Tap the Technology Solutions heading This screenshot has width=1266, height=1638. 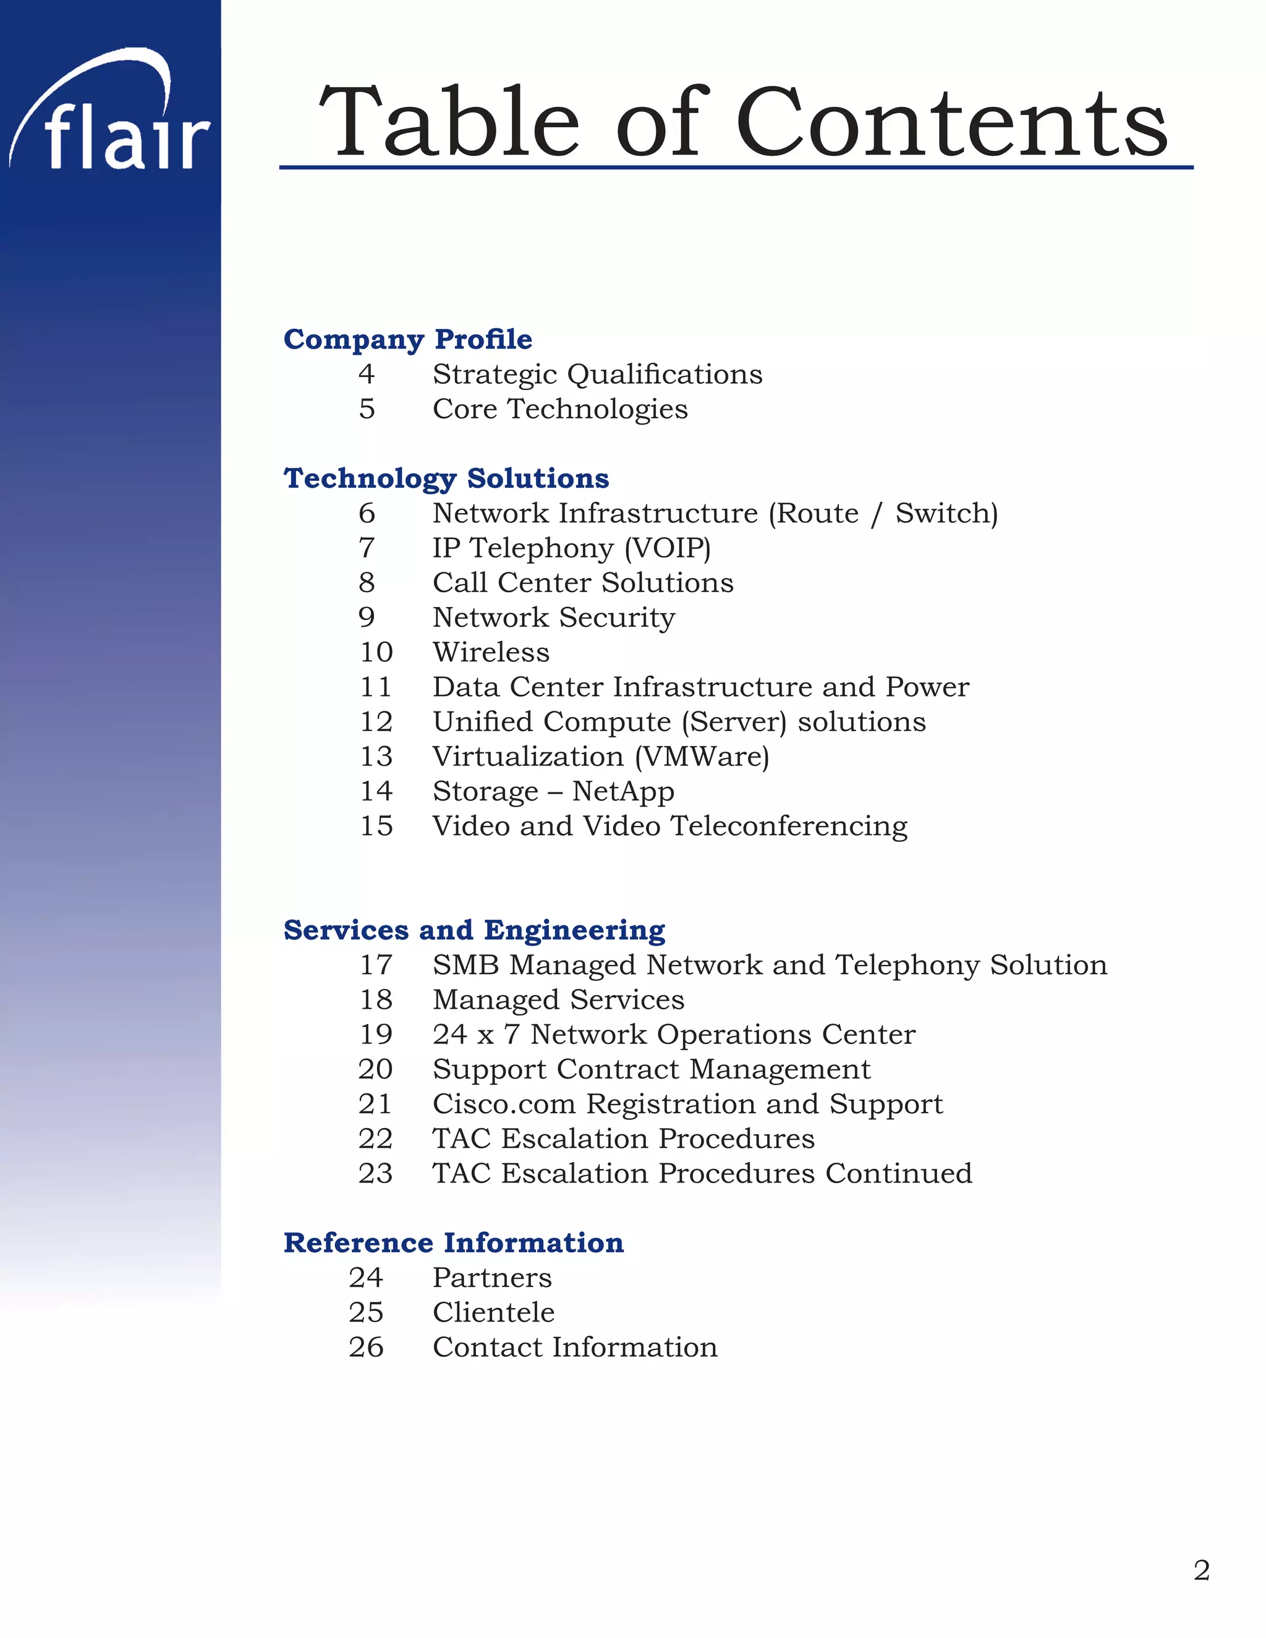click(x=446, y=478)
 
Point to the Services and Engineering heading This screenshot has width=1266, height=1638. click(x=474, y=930)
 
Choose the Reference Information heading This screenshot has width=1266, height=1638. click(x=453, y=1243)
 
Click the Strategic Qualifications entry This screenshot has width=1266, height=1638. click(x=597, y=374)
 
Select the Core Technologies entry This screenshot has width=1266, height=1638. click(x=559, y=409)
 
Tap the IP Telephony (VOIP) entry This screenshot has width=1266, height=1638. click(x=572, y=548)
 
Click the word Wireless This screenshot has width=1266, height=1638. click(x=491, y=653)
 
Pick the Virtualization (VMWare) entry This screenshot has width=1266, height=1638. click(x=601, y=757)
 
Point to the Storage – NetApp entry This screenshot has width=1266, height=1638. click(x=553, y=791)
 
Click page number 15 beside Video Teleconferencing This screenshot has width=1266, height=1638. click(x=376, y=826)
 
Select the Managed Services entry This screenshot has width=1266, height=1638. click(x=558, y=999)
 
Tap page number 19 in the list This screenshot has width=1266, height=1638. click(x=376, y=1034)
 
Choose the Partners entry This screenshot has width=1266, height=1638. click(x=492, y=1277)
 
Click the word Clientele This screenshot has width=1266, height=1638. click(x=493, y=1312)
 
